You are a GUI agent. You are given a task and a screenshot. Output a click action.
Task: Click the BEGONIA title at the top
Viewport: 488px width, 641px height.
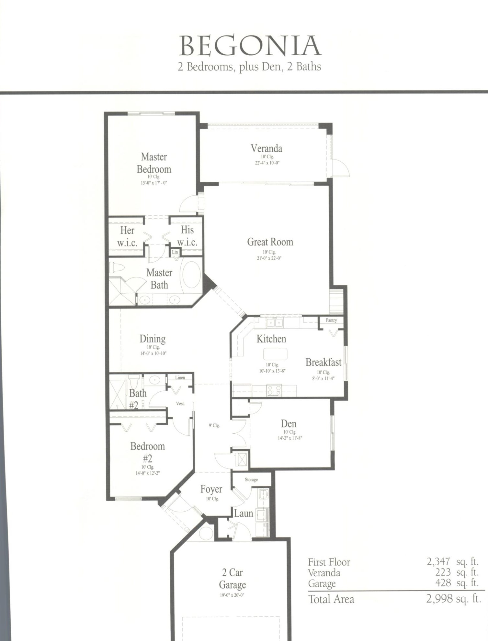click(250, 46)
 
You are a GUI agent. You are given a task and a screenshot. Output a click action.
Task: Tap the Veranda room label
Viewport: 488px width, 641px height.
click(266, 148)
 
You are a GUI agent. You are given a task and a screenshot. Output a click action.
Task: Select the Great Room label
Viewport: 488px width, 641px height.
click(270, 242)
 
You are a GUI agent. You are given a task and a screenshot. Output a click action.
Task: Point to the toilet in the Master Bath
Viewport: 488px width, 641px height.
click(117, 267)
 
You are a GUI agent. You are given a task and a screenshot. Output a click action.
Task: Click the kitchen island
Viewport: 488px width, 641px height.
click(275, 354)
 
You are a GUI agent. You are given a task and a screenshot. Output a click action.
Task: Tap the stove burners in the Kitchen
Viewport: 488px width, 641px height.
click(274, 390)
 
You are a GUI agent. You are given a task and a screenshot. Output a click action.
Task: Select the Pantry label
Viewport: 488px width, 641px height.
click(331, 320)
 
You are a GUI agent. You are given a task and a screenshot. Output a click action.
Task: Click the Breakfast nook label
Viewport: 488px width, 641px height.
click(323, 362)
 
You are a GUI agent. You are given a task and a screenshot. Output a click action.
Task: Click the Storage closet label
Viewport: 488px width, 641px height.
click(251, 480)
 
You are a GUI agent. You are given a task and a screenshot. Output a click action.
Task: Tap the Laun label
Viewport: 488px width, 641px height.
click(244, 513)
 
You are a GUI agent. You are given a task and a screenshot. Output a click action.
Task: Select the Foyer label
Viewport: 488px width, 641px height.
click(211, 489)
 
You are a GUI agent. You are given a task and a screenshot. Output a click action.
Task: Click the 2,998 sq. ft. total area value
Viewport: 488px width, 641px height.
click(453, 599)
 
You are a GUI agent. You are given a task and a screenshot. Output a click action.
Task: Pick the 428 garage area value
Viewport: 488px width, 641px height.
click(443, 583)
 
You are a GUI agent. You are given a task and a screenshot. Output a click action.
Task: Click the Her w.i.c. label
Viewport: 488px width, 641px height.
click(127, 236)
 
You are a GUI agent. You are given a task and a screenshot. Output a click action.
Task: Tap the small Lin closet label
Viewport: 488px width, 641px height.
click(175, 252)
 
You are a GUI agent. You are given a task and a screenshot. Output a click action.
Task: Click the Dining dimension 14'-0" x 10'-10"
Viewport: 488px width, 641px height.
click(153, 353)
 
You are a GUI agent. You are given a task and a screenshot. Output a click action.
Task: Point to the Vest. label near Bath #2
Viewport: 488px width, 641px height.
click(180, 404)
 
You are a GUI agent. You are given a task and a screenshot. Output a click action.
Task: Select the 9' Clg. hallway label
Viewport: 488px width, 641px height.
click(214, 426)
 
